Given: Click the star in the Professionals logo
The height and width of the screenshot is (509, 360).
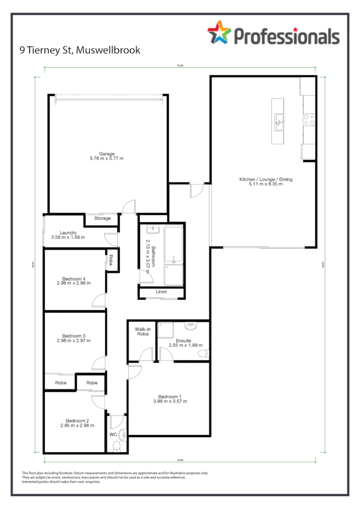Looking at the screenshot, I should click(219, 33).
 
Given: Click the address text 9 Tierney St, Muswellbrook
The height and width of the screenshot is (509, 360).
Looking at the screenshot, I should click(80, 50).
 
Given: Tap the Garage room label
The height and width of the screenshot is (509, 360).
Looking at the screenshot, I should click(107, 154).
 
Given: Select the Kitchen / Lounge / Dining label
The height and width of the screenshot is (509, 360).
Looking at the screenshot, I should click(266, 180).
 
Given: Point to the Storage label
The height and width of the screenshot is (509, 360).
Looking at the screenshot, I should click(102, 218).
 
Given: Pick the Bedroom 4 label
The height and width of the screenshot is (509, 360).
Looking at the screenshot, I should click(74, 279).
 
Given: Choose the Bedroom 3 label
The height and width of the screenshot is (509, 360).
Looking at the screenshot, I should click(74, 336).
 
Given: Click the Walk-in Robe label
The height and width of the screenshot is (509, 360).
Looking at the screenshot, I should click(141, 331).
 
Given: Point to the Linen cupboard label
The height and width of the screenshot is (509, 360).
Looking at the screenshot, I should click(161, 292).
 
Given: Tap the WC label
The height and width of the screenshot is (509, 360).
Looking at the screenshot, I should click(113, 434).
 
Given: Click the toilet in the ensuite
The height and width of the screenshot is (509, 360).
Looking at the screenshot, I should click(203, 354).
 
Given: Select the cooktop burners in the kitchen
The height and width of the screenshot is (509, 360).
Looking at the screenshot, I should click(309, 119).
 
